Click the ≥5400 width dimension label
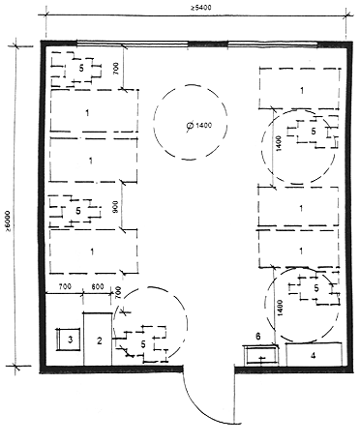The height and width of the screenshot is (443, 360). pyautogui.click(x=200, y=7)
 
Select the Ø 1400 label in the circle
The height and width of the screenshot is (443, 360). pyautogui.click(x=199, y=125)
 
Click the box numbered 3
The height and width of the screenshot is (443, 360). pyautogui.click(x=69, y=340)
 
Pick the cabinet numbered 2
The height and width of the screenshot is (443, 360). pyautogui.click(x=98, y=339)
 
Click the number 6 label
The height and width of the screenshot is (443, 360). pyautogui.click(x=257, y=337)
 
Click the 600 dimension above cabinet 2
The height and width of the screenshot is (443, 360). pyautogui.click(x=97, y=286)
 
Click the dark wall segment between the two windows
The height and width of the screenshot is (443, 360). pyautogui.click(x=208, y=44)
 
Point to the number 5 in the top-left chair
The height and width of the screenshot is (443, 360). pyautogui.click(x=81, y=69)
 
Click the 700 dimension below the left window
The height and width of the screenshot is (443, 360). pyautogui.click(x=116, y=68)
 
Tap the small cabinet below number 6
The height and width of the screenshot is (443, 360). pyautogui.click(x=261, y=355)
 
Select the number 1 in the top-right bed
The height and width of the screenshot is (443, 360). pyautogui.click(x=302, y=91)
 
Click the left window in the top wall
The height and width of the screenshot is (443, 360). pyautogui.click(x=133, y=44)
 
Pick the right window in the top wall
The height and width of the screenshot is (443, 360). pyautogui.click(x=273, y=44)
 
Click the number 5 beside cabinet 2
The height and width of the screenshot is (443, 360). pyautogui.click(x=143, y=344)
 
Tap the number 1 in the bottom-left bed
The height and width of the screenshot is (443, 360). pyautogui.click(x=92, y=251)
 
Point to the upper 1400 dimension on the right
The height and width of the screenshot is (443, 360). pyautogui.click(x=280, y=143)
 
